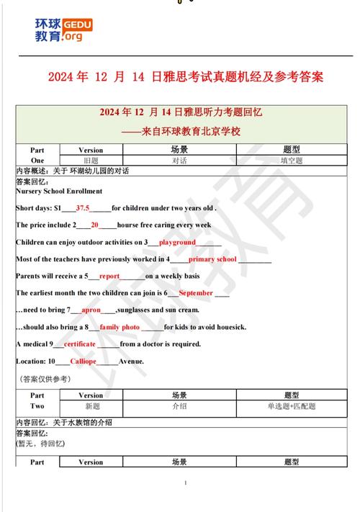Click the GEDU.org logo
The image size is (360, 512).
coord(63,29)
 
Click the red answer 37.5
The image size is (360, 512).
coord(83,207)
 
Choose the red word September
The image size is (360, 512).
coord(195,293)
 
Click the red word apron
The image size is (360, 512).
coord(91,310)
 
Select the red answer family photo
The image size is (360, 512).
coord(120,327)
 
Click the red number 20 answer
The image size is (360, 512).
coord(94,225)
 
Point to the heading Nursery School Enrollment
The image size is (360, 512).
coord(59,191)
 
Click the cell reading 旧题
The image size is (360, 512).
coord(91,161)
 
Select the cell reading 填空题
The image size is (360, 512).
coord(291,161)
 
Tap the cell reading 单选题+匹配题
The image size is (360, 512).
coord(291,406)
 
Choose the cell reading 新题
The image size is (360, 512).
coord(91,406)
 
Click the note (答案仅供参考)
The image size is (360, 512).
coord(43,378)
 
